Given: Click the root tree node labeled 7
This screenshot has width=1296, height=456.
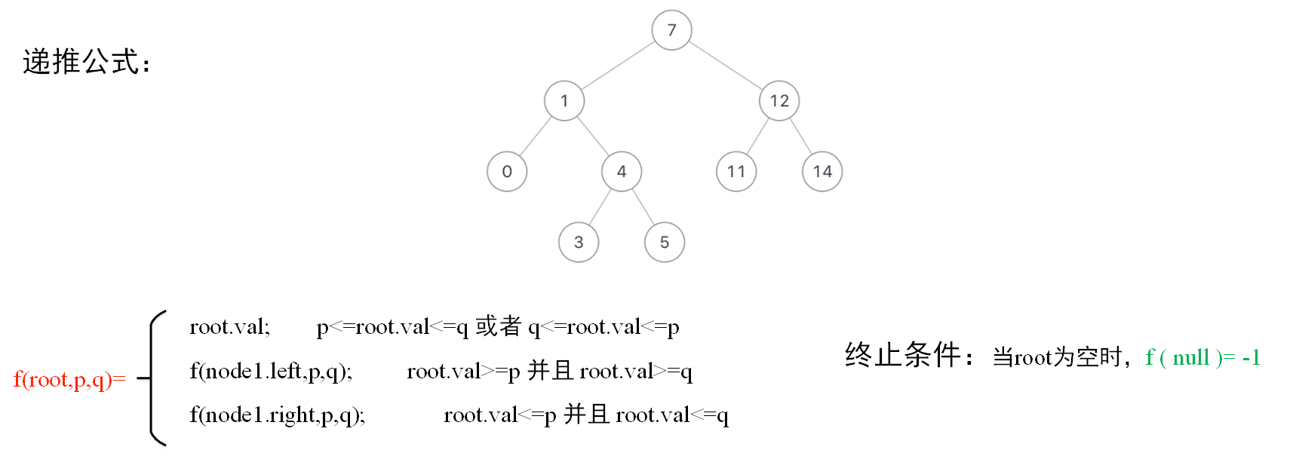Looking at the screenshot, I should pyautogui.click(x=671, y=30).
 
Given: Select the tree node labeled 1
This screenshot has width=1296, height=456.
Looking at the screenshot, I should pyautogui.click(x=564, y=101).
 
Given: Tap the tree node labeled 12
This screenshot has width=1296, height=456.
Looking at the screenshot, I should pyautogui.click(x=779, y=101).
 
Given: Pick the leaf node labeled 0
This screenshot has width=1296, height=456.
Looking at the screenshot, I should pyautogui.click(x=507, y=172).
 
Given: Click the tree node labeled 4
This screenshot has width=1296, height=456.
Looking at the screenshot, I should pyautogui.click(x=622, y=172).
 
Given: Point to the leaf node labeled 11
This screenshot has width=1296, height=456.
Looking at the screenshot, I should pyautogui.click(x=736, y=172).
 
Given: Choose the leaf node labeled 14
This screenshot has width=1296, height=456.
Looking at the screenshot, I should pyautogui.click(x=822, y=172).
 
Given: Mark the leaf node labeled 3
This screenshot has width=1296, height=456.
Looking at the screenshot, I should pyautogui.click(x=579, y=243).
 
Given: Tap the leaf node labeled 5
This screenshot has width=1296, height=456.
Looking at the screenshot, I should pyautogui.click(x=665, y=243).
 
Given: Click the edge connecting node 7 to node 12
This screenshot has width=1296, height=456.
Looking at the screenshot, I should pyautogui.click(x=726, y=66).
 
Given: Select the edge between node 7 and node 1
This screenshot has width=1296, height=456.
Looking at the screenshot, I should pyautogui.click(x=618, y=66).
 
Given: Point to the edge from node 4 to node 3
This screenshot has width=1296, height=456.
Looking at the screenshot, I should pyautogui.click(x=600, y=207).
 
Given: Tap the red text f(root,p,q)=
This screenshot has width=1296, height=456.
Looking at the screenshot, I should pyautogui.click(x=69, y=379).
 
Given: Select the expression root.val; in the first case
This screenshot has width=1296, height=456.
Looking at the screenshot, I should pyautogui.click(x=229, y=327).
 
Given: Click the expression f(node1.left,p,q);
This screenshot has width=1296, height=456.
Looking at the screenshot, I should pyautogui.click(x=271, y=371).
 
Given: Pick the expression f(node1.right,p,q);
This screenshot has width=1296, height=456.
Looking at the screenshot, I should pyautogui.click(x=277, y=415).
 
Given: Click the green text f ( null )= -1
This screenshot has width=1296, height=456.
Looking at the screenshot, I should pyautogui.click(x=1202, y=357).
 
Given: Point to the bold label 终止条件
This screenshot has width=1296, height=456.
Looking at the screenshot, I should pyautogui.click(x=903, y=355).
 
